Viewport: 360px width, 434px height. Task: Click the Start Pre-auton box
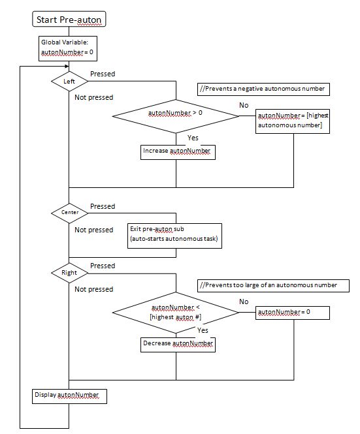(69, 19)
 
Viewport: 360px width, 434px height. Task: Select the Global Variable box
(68, 48)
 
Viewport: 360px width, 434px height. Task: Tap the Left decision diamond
(69, 81)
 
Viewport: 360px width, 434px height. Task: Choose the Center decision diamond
(69, 213)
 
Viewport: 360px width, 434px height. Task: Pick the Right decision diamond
(69, 273)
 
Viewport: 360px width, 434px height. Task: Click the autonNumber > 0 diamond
(176, 116)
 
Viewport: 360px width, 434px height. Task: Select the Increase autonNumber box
(178, 152)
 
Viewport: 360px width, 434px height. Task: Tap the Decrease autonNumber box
(178, 345)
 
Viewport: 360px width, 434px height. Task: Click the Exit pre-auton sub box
(174, 236)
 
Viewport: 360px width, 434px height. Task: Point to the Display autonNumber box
(69, 396)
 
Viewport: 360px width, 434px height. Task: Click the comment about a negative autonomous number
(263, 89)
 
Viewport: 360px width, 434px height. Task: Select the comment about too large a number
(273, 286)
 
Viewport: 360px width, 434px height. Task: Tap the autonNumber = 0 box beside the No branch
(293, 313)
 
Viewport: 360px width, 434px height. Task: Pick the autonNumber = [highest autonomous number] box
(293, 121)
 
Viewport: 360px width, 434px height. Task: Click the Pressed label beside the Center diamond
(103, 206)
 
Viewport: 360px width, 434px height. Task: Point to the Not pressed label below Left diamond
(94, 97)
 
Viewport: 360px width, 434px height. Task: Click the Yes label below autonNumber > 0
(193, 138)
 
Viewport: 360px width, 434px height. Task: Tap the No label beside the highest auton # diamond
(244, 302)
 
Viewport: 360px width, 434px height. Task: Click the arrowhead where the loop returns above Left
(67, 67)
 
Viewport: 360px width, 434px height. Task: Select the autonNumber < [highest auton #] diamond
(176, 313)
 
